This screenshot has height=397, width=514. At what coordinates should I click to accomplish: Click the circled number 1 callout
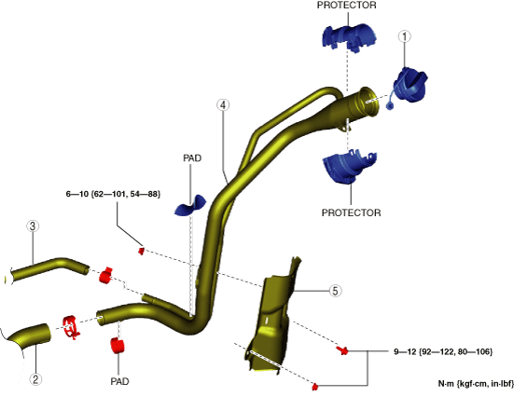[x=405, y=36]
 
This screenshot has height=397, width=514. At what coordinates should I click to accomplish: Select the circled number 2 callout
[x=35, y=379]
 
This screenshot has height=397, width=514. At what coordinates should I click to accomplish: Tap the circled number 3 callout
[x=33, y=226]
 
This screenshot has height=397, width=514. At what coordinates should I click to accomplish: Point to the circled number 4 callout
[x=223, y=105]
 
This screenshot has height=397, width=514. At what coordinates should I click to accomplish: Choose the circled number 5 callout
[x=335, y=291]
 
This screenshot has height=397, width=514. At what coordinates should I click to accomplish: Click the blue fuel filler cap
[x=410, y=86]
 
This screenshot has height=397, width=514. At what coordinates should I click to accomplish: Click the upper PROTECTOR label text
[x=346, y=6]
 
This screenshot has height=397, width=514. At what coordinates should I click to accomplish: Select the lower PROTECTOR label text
[x=351, y=212]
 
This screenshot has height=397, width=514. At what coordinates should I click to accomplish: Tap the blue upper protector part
[x=350, y=36]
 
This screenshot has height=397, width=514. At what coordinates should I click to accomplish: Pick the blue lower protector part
[x=350, y=166]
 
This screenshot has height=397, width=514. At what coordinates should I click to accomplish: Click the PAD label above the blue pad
[x=192, y=158]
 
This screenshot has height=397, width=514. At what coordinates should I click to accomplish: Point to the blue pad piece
[x=191, y=206]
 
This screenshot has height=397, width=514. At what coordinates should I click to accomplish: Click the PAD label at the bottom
[x=119, y=381]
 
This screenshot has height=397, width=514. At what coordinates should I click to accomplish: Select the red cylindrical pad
[x=118, y=346]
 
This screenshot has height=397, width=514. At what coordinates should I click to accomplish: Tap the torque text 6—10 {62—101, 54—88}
[x=113, y=194]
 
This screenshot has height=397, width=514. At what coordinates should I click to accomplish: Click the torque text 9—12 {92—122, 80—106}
[x=443, y=351]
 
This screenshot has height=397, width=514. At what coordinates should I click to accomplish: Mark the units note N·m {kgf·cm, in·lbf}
[x=476, y=384]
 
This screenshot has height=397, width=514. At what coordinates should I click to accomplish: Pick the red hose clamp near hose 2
[x=71, y=327]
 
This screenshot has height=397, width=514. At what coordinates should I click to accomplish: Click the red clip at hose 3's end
[x=105, y=276]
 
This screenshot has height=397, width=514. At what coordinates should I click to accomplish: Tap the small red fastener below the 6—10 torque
[x=141, y=252]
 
